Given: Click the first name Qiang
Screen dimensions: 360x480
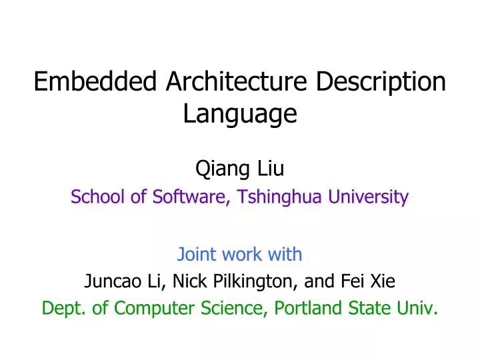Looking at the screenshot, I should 217,169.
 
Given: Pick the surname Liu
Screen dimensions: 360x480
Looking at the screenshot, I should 271,169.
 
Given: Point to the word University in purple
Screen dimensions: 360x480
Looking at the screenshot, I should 369,197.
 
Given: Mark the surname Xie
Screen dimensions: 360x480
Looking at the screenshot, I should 382,282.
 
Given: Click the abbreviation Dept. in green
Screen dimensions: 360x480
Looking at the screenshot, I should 61,309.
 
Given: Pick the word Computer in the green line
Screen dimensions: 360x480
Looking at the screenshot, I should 144,309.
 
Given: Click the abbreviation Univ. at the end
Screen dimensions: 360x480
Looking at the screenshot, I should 421,309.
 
